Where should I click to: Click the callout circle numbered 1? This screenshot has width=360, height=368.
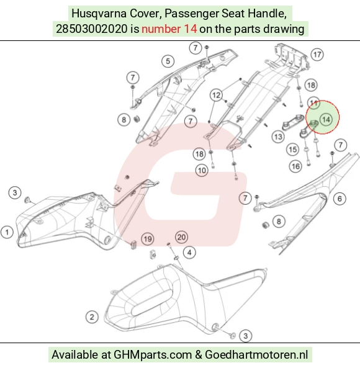(x=7, y=232)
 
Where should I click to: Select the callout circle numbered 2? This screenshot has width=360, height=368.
(x=92, y=317)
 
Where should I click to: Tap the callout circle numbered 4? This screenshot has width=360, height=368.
(x=189, y=253)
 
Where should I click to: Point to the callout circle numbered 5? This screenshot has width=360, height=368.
(x=168, y=61)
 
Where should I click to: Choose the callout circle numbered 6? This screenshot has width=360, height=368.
(x=340, y=199)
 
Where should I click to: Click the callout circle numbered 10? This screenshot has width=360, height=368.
(x=202, y=171)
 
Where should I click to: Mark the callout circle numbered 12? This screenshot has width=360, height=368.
(x=216, y=95)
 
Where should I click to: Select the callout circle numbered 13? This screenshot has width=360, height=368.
(x=278, y=137)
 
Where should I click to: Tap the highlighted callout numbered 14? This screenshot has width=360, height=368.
(x=326, y=119)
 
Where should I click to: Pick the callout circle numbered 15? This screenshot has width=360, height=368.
(x=292, y=150)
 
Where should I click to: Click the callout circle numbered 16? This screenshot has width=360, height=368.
(x=295, y=166)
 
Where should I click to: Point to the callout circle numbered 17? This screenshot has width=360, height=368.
(x=317, y=55)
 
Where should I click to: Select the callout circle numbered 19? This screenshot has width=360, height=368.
(x=148, y=239)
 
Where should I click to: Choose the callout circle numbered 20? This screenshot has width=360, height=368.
(x=181, y=237)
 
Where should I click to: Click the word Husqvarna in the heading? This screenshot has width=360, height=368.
(x=99, y=14)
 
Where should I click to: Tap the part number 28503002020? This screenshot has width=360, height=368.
(x=91, y=29)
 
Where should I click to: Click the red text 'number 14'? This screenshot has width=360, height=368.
(x=169, y=29)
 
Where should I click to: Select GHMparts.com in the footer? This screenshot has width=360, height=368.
(x=153, y=354)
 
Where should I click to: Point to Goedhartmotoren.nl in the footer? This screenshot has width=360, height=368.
(x=256, y=354)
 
